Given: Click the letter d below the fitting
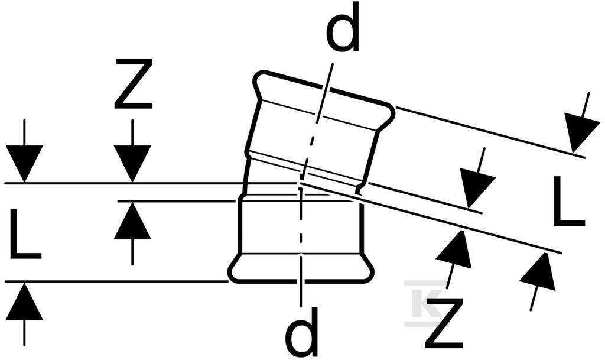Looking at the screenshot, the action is pyautogui.click(x=301, y=331).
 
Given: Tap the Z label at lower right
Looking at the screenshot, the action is pyautogui.click(x=443, y=322).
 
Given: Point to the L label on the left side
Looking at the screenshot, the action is pyautogui.click(x=25, y=233).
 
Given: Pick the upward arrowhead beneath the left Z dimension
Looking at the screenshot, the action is pyautogui.click(x=132, y=220).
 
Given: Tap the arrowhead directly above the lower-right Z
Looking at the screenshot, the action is pyautogui.click(x=454, y=249).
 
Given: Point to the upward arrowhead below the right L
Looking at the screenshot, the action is pyautogui.click(x=539, y=272).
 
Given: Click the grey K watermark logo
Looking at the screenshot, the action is pyautogui.click(x=427, y=297).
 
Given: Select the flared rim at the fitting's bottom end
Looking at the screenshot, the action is pyautogui.click(x=301, y=268).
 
